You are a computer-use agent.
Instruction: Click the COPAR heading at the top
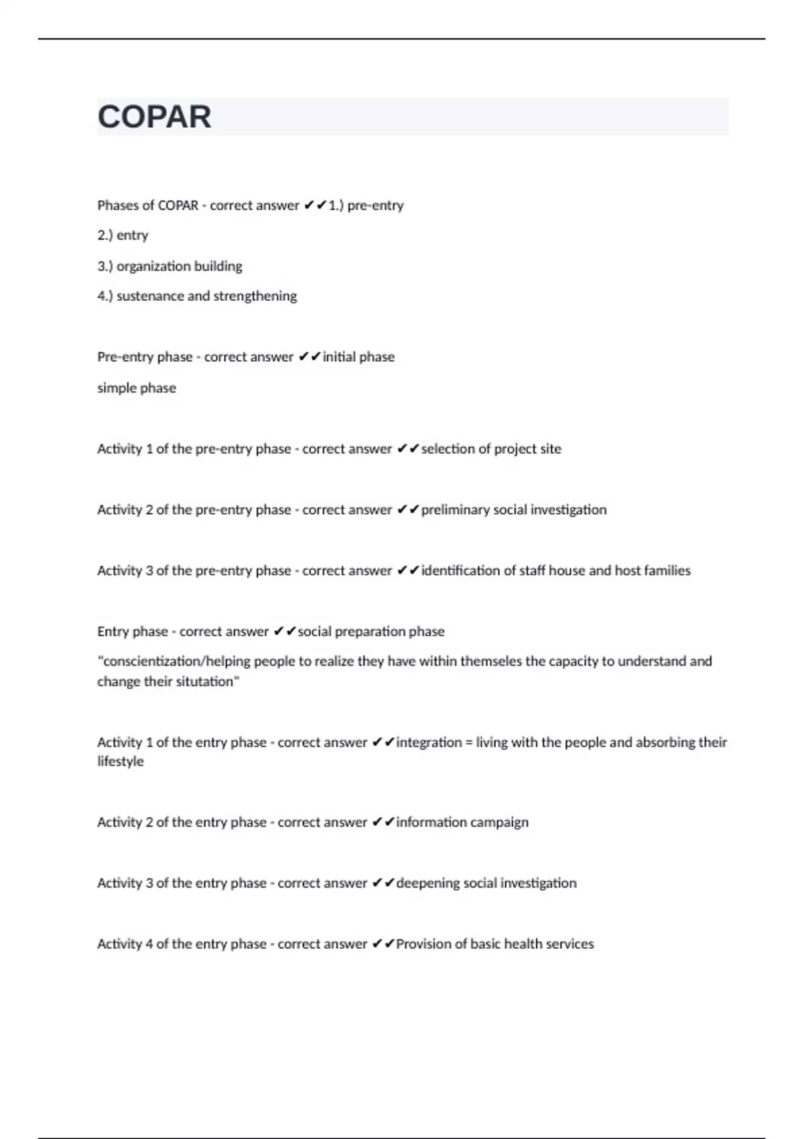coord(154,117)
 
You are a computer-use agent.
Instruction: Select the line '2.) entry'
coord(123,236)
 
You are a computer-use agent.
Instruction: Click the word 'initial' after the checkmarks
coord(340,357)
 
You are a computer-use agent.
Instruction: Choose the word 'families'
coord(667,571)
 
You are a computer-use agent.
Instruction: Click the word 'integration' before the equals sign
coord(429,742)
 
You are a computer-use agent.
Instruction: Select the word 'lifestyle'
coord(121,762)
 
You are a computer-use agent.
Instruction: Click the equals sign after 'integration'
coord(469,742)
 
